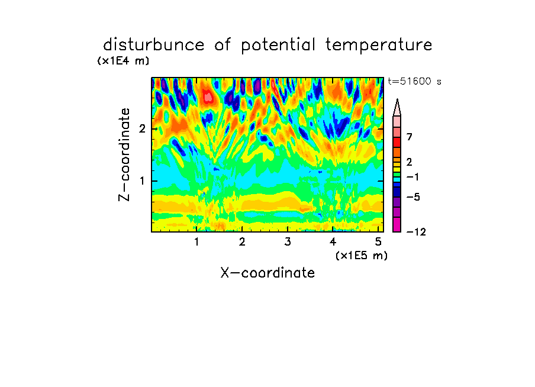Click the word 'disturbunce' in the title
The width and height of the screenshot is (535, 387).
153,45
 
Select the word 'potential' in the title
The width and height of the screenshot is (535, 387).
278,46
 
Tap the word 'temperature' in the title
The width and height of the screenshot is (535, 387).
379,46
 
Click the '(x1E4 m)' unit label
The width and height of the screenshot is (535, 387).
123,61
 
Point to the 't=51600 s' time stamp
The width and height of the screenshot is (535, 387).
414,82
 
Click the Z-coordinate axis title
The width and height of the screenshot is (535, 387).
124,154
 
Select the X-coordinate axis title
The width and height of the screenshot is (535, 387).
267,273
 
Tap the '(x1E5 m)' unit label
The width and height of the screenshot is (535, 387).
362,256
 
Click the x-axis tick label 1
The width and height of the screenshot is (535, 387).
197,242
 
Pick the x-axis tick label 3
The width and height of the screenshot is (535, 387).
288,242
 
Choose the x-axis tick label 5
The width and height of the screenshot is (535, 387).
378,242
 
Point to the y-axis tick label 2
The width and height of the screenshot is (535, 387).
142,129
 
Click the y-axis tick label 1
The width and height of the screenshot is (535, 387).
142,180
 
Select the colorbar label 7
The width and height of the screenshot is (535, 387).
410,137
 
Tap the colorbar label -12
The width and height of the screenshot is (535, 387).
416,232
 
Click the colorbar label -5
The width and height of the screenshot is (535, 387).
413,197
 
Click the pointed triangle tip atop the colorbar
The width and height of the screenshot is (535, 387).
397,99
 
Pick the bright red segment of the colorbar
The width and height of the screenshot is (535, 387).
397,142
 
